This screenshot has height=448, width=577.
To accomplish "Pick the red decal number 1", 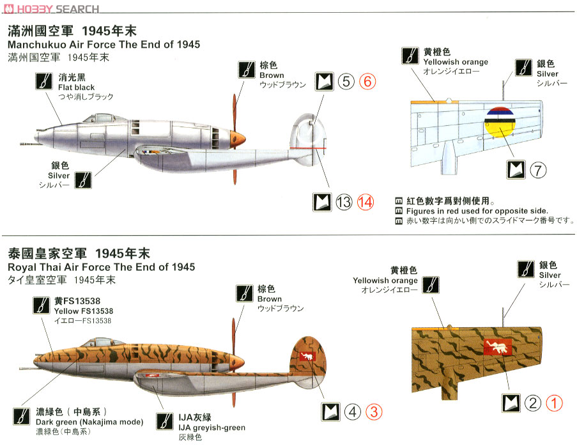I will tap(555, 403).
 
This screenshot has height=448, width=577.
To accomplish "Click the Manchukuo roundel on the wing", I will tap(501, 123).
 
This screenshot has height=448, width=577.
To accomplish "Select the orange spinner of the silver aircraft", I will tap(238, 137).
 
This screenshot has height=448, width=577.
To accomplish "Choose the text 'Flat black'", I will tap(76, 88).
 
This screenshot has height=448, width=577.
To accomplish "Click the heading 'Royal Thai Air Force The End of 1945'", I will tap(101, 267).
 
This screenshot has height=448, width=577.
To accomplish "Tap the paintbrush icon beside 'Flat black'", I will tap(43, 82).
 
